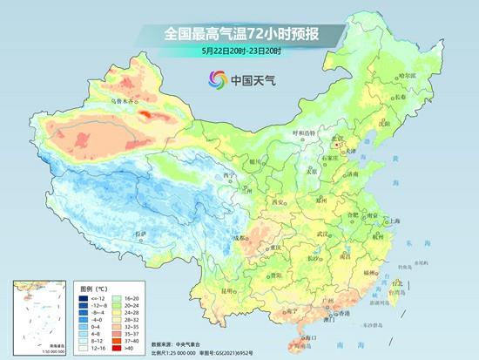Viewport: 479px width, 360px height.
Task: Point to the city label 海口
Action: (x=307, y=336)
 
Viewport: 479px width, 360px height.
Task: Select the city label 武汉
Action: (x=324, y=234)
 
